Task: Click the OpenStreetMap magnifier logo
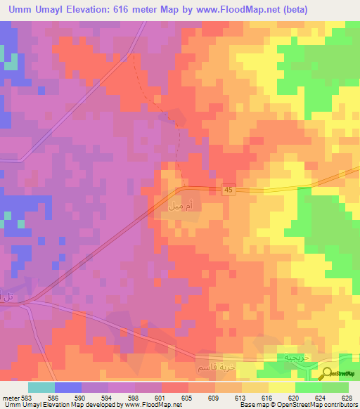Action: (x=328, y=373)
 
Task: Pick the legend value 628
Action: (x=345, y=397)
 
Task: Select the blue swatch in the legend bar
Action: (x=68, y=387)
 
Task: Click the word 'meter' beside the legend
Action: (x=11, y=397)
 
